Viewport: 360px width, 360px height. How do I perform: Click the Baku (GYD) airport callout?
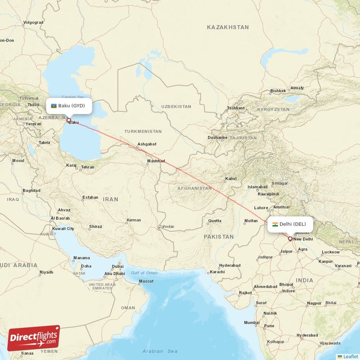coord(69,106)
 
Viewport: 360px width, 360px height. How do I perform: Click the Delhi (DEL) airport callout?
coord(290,224)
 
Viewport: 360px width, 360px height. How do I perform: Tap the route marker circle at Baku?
coord(69,120)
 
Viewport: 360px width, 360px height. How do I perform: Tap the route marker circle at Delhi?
coord(290,239)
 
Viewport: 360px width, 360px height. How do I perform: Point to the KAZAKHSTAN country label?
coord(228,27)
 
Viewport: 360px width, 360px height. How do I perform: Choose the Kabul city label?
coord(231,179)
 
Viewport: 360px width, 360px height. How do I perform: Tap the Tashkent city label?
coord(236,108)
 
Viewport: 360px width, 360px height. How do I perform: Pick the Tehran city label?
coord(88,167)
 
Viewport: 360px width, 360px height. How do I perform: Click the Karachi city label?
coord(217,272)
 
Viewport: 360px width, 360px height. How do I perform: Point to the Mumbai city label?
coord(252,323)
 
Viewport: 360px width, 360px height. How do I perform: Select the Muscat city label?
coord(146,281)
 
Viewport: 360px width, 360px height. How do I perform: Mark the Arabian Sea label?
coord(160,351)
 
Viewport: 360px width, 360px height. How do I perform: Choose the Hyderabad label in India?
coord(307,335)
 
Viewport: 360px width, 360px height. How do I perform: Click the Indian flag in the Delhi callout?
coord(275,224)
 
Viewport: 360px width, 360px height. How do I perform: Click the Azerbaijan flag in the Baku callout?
coord(54,106)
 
